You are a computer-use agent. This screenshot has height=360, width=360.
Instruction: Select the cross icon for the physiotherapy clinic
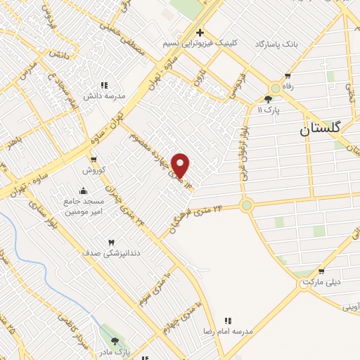click(x=200, y=32)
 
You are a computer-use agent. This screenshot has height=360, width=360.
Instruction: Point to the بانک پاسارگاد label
click(x=276, y=44)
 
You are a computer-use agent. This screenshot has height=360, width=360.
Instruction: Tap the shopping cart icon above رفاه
click(x=287, y=76)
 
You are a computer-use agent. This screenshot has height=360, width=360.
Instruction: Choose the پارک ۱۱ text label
click(x=269, y=110)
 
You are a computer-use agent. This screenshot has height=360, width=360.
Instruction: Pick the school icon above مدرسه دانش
click(x=105, y=85)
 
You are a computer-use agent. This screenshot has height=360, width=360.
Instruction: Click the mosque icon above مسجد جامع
click(x=84, y=191)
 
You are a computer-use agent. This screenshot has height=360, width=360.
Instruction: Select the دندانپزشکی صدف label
click(x=112, y=252)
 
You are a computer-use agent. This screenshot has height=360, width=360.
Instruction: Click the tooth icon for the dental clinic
click(x=111, y=243)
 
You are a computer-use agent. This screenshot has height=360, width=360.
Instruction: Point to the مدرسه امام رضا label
click(x=229, y=330)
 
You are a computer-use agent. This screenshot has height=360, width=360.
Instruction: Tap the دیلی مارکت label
click(x=322, y=281)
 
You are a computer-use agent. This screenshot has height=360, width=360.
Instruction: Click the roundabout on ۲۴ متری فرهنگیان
click(x=246, y=205)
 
